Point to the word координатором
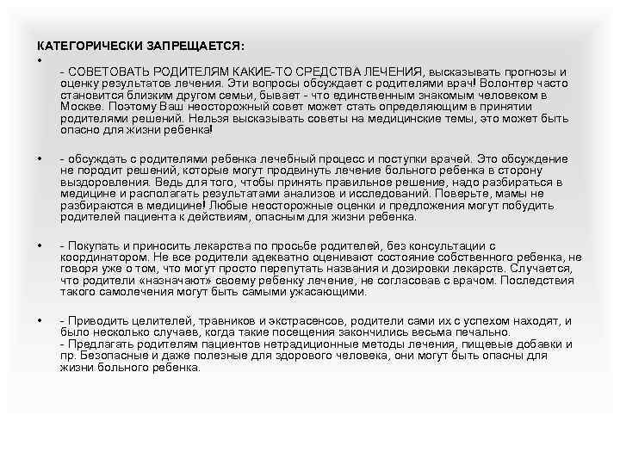101,257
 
